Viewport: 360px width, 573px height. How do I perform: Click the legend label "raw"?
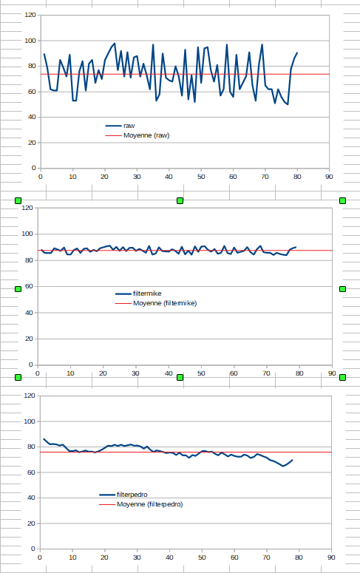(129, 126)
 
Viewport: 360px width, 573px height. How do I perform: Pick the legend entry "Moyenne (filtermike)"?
(164, 303)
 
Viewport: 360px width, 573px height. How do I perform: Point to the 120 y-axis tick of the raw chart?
(29, 15)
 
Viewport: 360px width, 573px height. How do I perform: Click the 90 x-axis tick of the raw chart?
(329, 177)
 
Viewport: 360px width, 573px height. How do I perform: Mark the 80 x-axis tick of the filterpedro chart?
(299, 557)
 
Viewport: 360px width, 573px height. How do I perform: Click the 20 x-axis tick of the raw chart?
(104, 177)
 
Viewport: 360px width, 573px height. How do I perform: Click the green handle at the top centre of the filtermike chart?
(180, 200)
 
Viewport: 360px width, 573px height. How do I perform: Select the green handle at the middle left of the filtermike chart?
(18, 288)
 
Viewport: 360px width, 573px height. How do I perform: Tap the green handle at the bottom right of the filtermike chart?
(343, 378)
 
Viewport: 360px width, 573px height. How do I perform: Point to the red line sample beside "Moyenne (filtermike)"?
(123, 303)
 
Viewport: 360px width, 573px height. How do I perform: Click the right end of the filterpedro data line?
(293, 460)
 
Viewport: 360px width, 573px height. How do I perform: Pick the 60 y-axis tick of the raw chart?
(31, 92)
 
